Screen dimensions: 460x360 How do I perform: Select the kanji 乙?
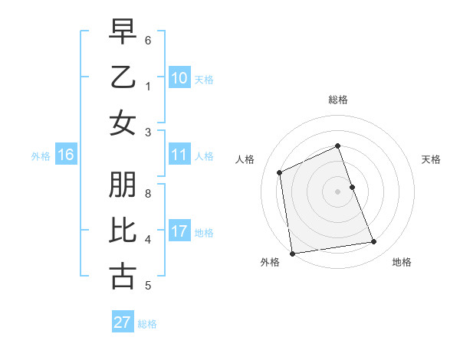click(123, 77)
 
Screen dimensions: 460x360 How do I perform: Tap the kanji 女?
click(123, 123)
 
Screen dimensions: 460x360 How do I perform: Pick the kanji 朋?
click(123, 185)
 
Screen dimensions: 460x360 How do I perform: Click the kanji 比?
click(123, 231)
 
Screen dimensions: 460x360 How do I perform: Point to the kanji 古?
click(123, 277)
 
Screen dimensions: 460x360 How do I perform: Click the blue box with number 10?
click(179, 78)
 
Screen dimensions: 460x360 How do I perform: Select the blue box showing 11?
click(179, 155)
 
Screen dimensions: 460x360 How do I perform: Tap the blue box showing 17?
click(179, 231)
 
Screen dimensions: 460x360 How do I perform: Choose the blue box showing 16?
click(65, 155)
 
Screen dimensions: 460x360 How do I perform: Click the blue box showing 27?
click(123, 322)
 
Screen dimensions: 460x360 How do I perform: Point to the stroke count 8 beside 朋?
click(148, 194)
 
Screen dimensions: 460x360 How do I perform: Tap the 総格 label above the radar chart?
click(337, 100)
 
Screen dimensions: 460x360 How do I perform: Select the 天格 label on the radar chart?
click(431, 159)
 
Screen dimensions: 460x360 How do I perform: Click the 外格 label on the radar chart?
click(269, 262)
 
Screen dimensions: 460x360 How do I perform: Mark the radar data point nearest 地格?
click(374, 242)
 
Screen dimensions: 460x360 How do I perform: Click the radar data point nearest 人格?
click(280, 172)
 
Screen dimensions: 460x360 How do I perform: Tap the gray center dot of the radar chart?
click(337, 191)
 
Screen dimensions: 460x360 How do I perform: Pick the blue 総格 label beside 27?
click(147, 324)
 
